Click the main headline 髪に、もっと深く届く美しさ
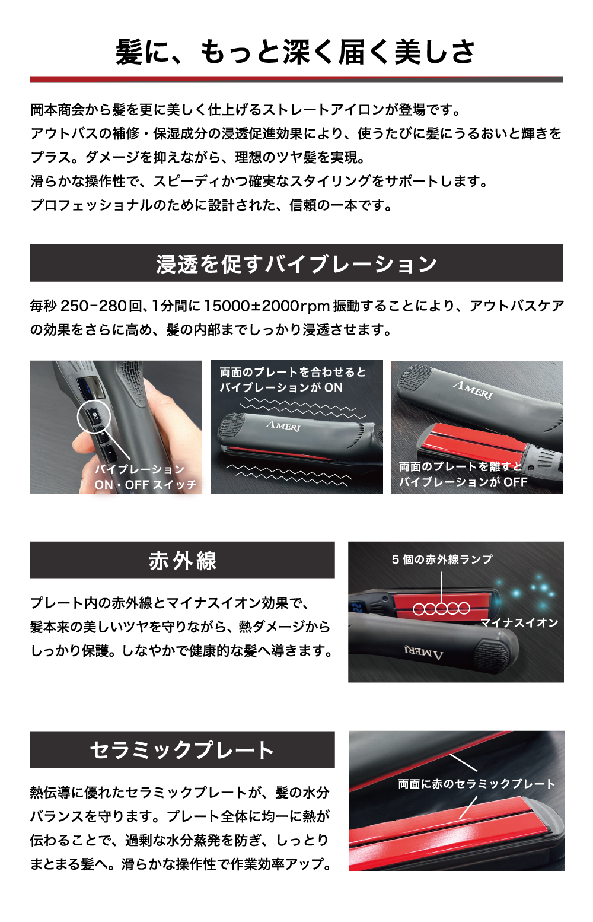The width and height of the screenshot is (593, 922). (x=295, y=53)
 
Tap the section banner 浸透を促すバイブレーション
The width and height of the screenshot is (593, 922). (x=296, y=263)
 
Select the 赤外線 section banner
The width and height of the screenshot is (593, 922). (x=182, y=560)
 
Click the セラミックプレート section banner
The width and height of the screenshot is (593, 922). (x=182, y=749)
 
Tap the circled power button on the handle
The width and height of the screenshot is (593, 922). (x=94, y=416)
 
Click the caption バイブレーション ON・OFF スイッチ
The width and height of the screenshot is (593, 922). (x=145, y=477)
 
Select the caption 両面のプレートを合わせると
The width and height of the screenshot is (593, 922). (x=292, y=372)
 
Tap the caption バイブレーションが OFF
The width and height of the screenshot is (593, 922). (x=463, y=482)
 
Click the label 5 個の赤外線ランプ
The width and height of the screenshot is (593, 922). (x=442, y=559)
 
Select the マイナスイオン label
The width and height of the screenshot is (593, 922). (x=519, y=623)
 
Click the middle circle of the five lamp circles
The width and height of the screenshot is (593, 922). (x=442, y=608)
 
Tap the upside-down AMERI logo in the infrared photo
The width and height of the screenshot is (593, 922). (x=424, y=653)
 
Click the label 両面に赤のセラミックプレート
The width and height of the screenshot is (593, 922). (x=477, y=784)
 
